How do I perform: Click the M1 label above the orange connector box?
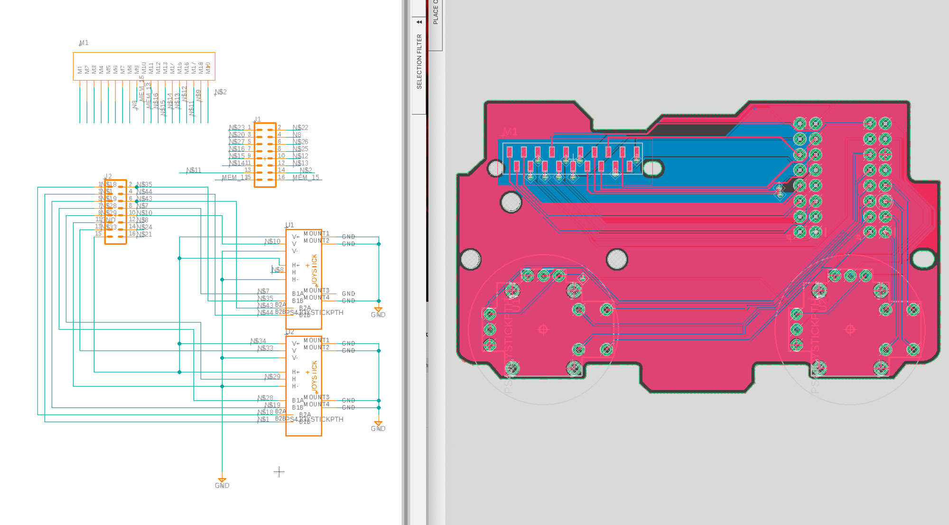84,43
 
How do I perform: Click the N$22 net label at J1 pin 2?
300,128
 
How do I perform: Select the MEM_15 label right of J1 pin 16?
306,177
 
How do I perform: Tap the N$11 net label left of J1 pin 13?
194,170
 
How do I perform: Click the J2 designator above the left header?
108,176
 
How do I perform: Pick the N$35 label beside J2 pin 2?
144,184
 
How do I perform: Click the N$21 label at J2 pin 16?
144,234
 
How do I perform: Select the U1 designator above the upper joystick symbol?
289,225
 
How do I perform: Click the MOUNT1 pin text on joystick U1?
316,233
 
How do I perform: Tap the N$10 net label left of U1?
272,241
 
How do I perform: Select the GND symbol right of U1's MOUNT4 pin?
378,312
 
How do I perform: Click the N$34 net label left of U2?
258,341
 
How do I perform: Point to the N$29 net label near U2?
272,377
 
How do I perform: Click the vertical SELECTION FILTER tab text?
419,61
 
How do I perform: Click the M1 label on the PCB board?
510,131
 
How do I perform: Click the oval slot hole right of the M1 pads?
652,168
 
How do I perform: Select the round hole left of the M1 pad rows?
496,168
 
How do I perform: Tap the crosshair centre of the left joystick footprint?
543,329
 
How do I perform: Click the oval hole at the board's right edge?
923,259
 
